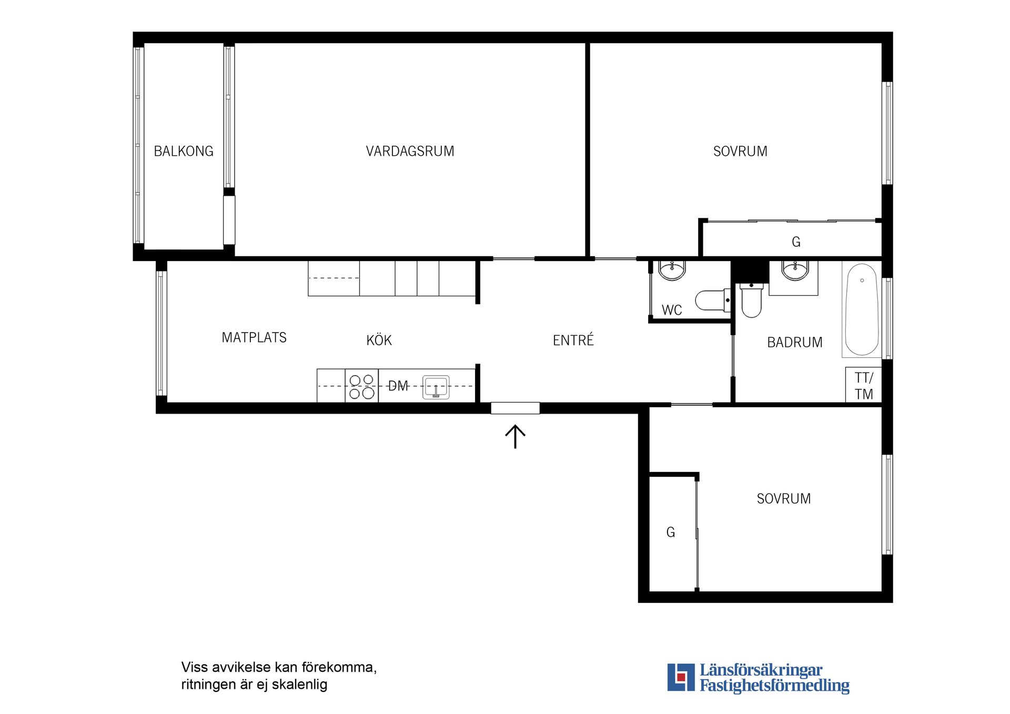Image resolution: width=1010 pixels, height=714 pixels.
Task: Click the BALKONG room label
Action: point(184,152)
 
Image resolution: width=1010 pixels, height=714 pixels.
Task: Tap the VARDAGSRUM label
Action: point(410,152)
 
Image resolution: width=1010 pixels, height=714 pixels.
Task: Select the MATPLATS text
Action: point(254,338)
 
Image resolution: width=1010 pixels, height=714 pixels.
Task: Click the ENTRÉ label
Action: point(573,339)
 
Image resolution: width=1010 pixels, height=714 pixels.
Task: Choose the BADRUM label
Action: point(795,343)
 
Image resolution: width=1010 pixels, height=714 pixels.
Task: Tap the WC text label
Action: point(672,310)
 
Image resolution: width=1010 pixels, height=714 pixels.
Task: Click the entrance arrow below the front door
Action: point(516,437)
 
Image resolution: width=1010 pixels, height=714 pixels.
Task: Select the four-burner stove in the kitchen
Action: point(362,386)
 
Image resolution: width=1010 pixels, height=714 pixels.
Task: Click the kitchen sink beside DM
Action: point(436,387)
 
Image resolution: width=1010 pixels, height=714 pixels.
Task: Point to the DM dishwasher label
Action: point(398,386)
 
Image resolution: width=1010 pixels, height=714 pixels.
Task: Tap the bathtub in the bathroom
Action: point(862,310)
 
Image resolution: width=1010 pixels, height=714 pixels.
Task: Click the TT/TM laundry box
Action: point(864,385)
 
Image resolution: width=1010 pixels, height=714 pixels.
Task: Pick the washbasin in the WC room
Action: point(672,270)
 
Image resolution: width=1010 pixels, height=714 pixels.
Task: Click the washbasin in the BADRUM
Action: point(795,270)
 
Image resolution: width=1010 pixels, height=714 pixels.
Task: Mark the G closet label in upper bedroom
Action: point(796,242)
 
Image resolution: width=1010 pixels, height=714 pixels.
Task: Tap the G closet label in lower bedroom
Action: point(670,532)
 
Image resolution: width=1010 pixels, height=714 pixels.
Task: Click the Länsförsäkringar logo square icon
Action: point(681,677)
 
